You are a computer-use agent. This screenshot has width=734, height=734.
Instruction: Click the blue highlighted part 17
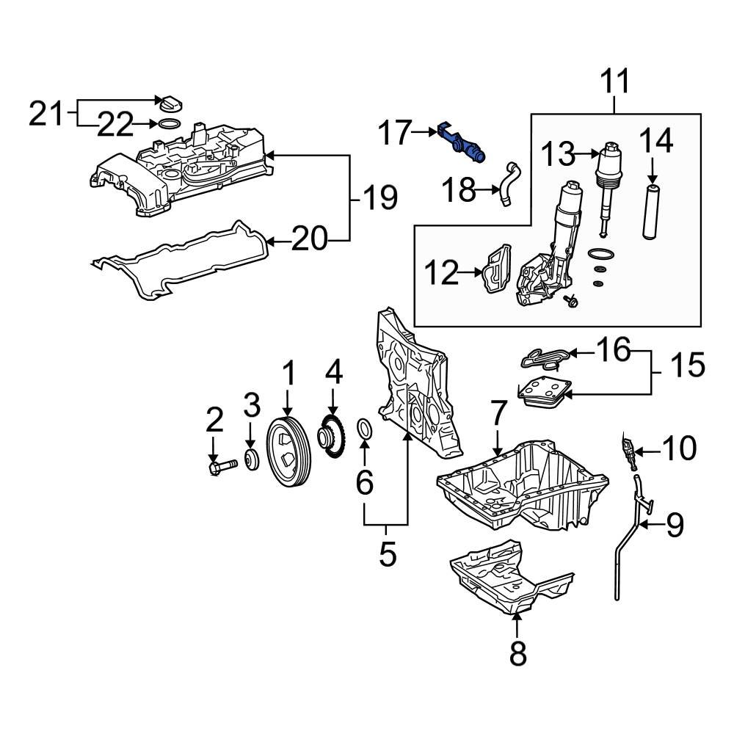(x=461, y=143)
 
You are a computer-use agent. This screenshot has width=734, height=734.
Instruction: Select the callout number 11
(x=615, y=81)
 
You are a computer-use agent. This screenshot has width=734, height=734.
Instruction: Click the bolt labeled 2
(x=221, y=465)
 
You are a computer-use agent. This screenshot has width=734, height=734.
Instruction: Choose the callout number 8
(x=517, y=653)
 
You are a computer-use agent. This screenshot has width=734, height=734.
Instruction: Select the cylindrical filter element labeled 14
(x=652, y=213)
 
